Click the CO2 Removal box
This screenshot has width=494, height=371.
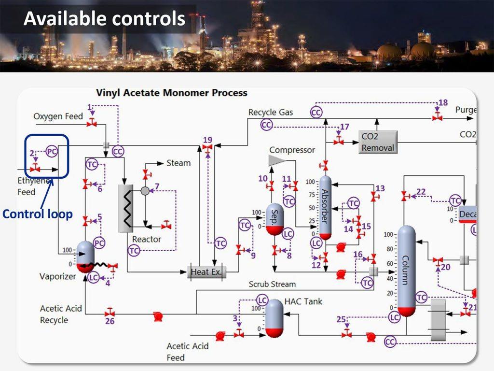tap(378, 142)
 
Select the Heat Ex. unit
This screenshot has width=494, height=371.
tap(206, 272)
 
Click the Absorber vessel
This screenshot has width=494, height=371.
tap(326, 207)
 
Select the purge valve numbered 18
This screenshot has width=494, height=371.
tap(437, 117)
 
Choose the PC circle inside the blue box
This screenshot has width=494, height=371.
tap(52, 151)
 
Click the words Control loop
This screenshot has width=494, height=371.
tap(38, 214)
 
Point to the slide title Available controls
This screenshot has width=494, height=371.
tap(104, 18)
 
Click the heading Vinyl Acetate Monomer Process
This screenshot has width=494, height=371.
tap(172, 93)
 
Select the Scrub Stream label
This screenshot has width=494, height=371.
tap(272, 284)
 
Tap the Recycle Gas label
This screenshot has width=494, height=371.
tap(271, 112)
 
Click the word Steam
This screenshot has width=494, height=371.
tap(178, 163)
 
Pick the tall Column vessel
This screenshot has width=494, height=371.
tap(406, 271)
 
